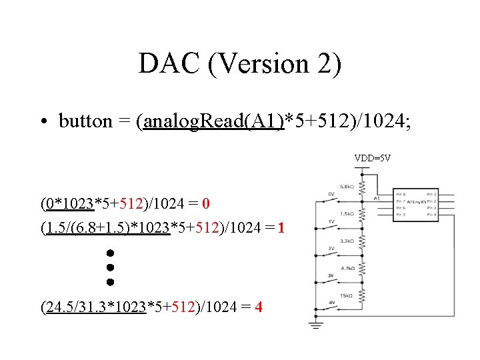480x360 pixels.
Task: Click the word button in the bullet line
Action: pos(85,121)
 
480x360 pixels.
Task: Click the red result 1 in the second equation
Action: pos(281,228)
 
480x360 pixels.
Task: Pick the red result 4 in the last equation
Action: pos(258,307)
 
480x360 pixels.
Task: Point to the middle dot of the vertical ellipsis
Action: pos(110,267)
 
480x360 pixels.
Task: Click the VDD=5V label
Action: pos(373,159)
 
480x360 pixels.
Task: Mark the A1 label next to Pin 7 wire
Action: pos(377,197)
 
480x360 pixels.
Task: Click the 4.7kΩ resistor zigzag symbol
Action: pos(361,268)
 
